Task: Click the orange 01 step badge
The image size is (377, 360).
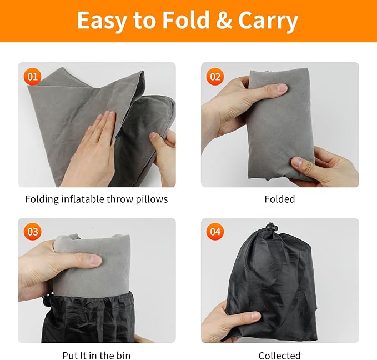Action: [x=32, y=77]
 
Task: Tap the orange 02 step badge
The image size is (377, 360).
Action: [x=215, y=77]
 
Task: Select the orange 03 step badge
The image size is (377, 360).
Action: [x=32, y=232]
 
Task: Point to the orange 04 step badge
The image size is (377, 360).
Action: [x=215, y=232]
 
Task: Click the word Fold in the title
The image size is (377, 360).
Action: [x=186, y=20]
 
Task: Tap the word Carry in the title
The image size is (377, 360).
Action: [x=268, y=22]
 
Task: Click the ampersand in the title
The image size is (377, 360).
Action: [x=224, y=21]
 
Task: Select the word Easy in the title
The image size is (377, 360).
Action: [x=102, y=22]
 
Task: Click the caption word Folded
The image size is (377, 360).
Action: [x=280, y=199]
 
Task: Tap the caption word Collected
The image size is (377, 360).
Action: [x=280, y=355]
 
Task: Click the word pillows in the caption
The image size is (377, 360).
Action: [x=152, y=199]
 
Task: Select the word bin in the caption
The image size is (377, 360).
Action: [x=123, y=355]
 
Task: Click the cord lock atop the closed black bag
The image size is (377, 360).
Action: [x=272, y=227]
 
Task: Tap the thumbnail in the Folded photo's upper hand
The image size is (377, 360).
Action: [x=282, y=87]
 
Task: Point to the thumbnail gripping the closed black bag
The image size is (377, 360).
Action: [x=255, y=315]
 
